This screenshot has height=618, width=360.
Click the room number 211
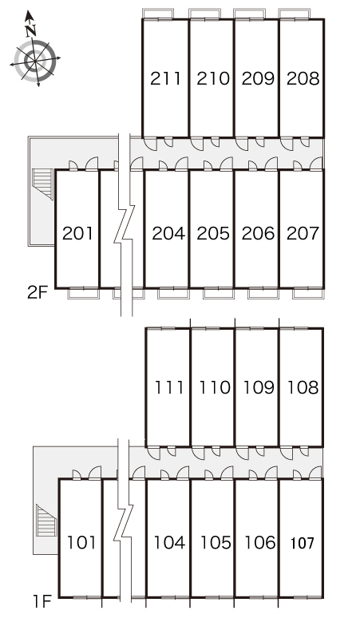(x=165, y=78)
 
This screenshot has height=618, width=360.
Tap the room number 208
(x=303, y=78)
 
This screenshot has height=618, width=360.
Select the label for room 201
(x=78, y=233)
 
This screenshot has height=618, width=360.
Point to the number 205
(x=213, y=233)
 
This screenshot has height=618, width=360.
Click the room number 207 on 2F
(x=303, y=233)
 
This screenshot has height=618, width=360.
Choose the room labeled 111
(x=168, y=387)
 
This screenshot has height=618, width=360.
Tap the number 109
(x=259, y=387)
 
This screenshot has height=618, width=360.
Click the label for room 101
(x=81, y=543)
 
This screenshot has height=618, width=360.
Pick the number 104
(x=169, y=543)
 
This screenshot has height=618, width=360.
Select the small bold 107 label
(x=302, y=544)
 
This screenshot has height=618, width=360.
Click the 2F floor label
(x=38, y=292)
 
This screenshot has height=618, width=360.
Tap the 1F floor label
(x=42, y=602)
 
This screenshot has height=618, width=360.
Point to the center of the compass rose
(x=35, y=61)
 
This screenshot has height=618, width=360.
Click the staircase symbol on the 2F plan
(x=42, y=184)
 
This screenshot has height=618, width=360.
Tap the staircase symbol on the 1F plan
(x=46, y=521)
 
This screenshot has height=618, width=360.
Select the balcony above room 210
(x=204, y=14)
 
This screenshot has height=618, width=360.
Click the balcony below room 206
(x=263, y=294)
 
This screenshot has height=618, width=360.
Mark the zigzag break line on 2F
(x=125, y=224)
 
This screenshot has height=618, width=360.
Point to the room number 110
(x=214, y=387)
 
